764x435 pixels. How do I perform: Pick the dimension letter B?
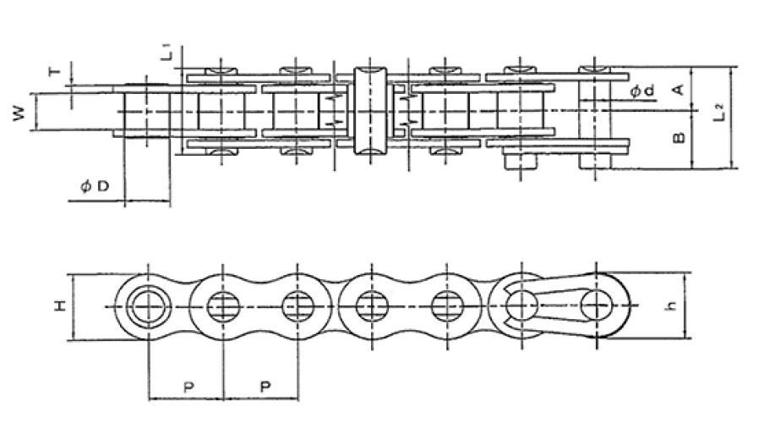[679, 138]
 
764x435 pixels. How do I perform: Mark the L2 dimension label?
[720, 113]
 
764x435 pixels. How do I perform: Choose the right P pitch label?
[265, 387]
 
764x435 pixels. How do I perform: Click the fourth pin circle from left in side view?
[370, 306]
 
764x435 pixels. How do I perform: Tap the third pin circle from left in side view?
[297, 306]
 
